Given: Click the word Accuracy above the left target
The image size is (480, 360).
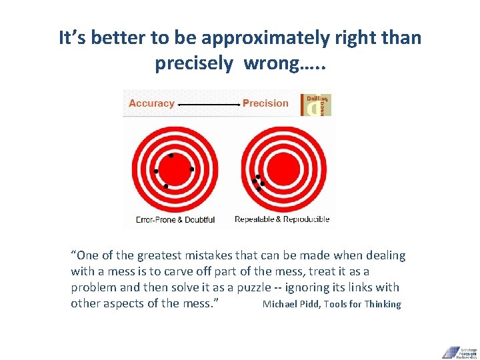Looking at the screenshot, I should click(151, 103).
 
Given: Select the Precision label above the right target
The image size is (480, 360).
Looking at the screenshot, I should click(265, 103).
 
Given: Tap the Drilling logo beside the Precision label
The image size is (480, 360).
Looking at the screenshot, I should click(317, 105).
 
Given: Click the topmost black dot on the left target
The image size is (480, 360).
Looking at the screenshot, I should click(171, 155).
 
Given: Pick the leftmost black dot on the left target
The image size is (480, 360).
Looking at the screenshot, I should click(156, 171).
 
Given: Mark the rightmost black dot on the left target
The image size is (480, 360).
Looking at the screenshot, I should click(192, 169).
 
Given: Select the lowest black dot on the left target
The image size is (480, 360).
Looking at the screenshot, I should click(165, 186).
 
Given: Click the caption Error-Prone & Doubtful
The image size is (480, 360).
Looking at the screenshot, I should click(175, 219).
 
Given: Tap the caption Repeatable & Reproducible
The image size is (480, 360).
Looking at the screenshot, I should click(282, 219).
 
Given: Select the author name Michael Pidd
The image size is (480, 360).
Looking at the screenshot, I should click(291, 304).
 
